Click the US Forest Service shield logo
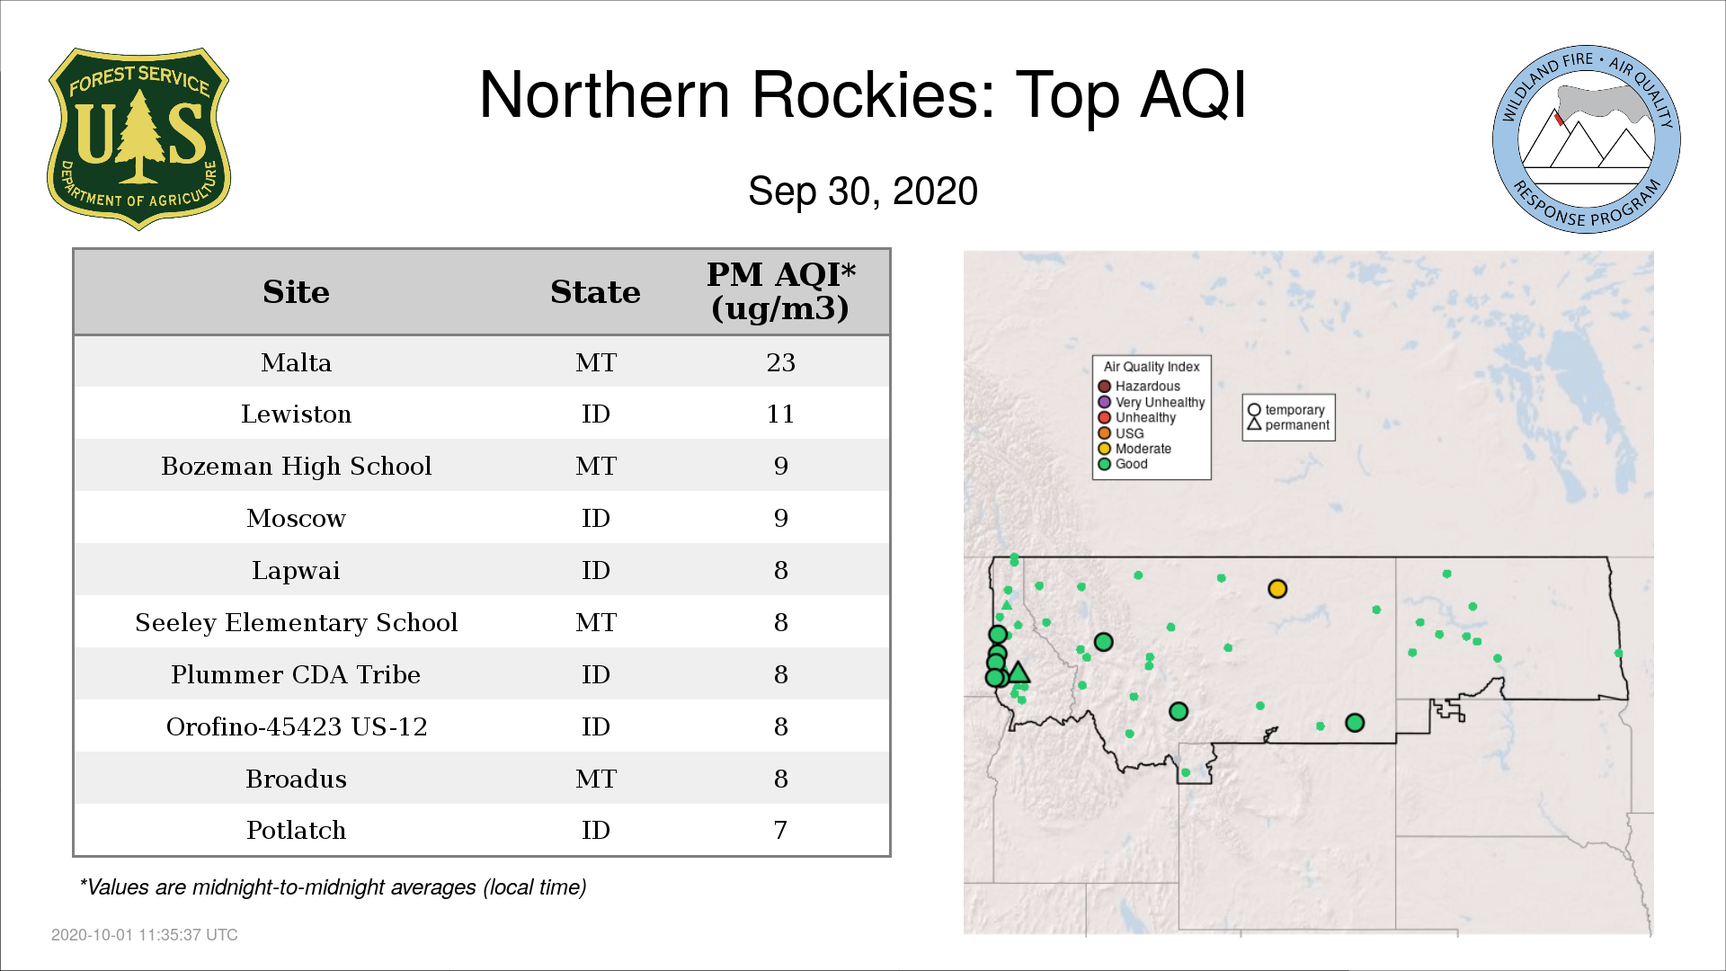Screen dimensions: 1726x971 138,139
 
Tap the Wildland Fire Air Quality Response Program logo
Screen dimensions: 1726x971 1587,139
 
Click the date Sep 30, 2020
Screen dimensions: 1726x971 863,192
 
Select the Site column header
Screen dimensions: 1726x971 296,292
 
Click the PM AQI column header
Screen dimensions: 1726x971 780,291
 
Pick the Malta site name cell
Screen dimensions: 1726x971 296,362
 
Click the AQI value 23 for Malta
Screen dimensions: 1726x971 780,362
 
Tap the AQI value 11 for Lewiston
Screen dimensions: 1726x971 780,414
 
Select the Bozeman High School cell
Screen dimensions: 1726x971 296,466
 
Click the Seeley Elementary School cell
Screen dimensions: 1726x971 296,622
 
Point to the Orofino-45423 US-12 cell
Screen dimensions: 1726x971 296,726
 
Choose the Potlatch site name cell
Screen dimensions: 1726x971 296,830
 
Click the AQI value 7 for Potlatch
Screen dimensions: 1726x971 780,830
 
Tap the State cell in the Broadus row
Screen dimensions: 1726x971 595,779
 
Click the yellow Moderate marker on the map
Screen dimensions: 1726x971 1277,589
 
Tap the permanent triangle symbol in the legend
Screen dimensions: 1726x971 1254,424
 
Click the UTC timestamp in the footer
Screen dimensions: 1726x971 145,935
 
